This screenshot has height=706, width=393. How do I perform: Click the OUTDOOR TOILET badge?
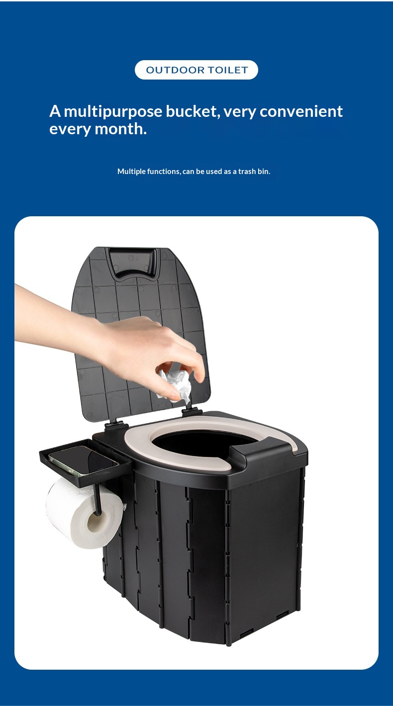196,70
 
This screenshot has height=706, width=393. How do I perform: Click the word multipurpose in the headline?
113,112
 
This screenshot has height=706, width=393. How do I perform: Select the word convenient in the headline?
301,111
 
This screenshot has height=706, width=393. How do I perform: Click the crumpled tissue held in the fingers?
176,386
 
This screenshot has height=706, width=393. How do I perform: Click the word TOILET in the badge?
227,70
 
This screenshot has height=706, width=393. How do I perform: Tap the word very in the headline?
239,112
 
